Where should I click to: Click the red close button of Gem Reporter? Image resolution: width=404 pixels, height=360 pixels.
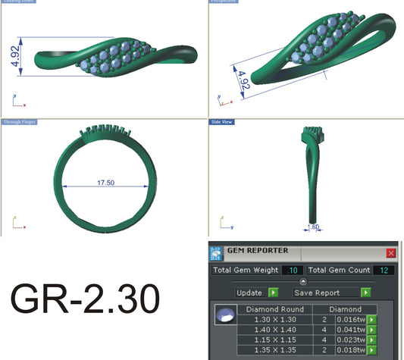(x=391, y=252)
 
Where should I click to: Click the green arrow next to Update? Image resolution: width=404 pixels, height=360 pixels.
(x=273, y=292)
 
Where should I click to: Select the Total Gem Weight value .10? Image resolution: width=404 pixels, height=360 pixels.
(x=293, y=271)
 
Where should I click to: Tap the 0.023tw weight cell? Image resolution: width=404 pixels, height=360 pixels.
(x=350, y=341)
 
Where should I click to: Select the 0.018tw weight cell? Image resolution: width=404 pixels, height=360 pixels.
(x=350, y=352)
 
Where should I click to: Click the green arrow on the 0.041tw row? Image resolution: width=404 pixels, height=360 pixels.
(x=371, y=330)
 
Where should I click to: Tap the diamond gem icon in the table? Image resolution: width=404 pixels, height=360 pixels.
(x=224, y=314)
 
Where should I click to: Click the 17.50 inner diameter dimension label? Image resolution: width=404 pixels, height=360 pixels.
(x=106, y=182)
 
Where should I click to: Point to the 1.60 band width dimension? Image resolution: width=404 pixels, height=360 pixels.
(x=313, y=226)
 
